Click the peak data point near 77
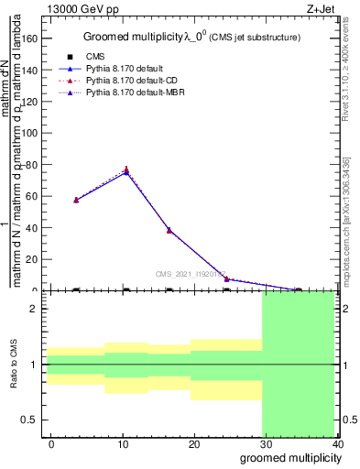[125, 169]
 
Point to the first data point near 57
[76, 200]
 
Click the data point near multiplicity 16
[169, 230]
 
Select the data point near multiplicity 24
[226, 278]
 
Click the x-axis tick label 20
[194, 443]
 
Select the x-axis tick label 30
[266, 443]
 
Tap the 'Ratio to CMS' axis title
[14, 365]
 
